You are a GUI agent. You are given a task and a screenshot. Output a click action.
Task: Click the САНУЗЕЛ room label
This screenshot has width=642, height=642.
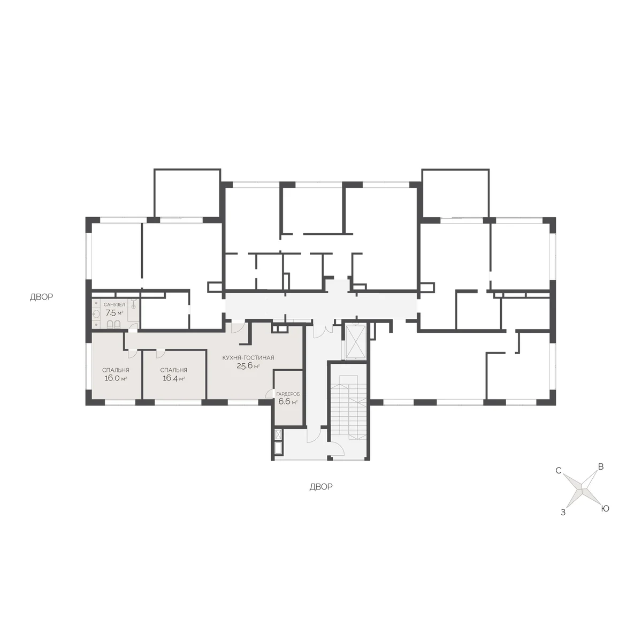[114, 304]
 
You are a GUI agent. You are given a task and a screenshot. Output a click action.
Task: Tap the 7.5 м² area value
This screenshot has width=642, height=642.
[114, 313]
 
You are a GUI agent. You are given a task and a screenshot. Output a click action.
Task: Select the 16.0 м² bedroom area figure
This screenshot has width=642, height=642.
[116, 378]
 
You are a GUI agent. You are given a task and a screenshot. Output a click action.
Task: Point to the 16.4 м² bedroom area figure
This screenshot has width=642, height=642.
[173, 378]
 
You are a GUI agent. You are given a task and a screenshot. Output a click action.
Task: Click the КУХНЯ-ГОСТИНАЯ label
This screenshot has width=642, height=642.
[248, 358]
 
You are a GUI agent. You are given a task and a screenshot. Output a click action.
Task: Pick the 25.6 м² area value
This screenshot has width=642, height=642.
[248, 366]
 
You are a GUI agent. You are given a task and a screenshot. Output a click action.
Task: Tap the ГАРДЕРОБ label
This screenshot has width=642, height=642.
[288, 394]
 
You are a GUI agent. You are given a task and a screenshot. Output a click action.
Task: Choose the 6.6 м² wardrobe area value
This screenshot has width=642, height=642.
[288, 401]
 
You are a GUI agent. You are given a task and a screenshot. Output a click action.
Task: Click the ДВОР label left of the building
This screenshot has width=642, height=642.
[41, 297]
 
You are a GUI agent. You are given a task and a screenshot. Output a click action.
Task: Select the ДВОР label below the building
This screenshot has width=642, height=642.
[321, 487]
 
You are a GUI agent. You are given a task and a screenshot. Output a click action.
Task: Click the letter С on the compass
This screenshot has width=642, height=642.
[559, 471]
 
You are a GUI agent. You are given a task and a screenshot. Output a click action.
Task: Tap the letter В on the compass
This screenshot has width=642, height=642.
[601, 467]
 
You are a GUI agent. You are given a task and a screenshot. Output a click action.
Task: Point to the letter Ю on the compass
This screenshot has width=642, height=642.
[605, 509]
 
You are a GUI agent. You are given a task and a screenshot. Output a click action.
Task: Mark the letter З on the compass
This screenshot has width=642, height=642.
[563, 513]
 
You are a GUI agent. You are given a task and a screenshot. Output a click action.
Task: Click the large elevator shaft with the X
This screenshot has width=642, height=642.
[356, 342]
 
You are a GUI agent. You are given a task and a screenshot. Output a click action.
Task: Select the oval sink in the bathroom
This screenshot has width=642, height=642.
[96, 314]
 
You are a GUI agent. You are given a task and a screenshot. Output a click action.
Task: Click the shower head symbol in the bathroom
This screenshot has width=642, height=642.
[134, 304]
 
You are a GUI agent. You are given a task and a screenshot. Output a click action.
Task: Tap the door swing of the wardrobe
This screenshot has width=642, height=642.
[269, 394]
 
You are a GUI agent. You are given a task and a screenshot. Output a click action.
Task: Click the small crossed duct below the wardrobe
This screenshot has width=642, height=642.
[279, 434]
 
